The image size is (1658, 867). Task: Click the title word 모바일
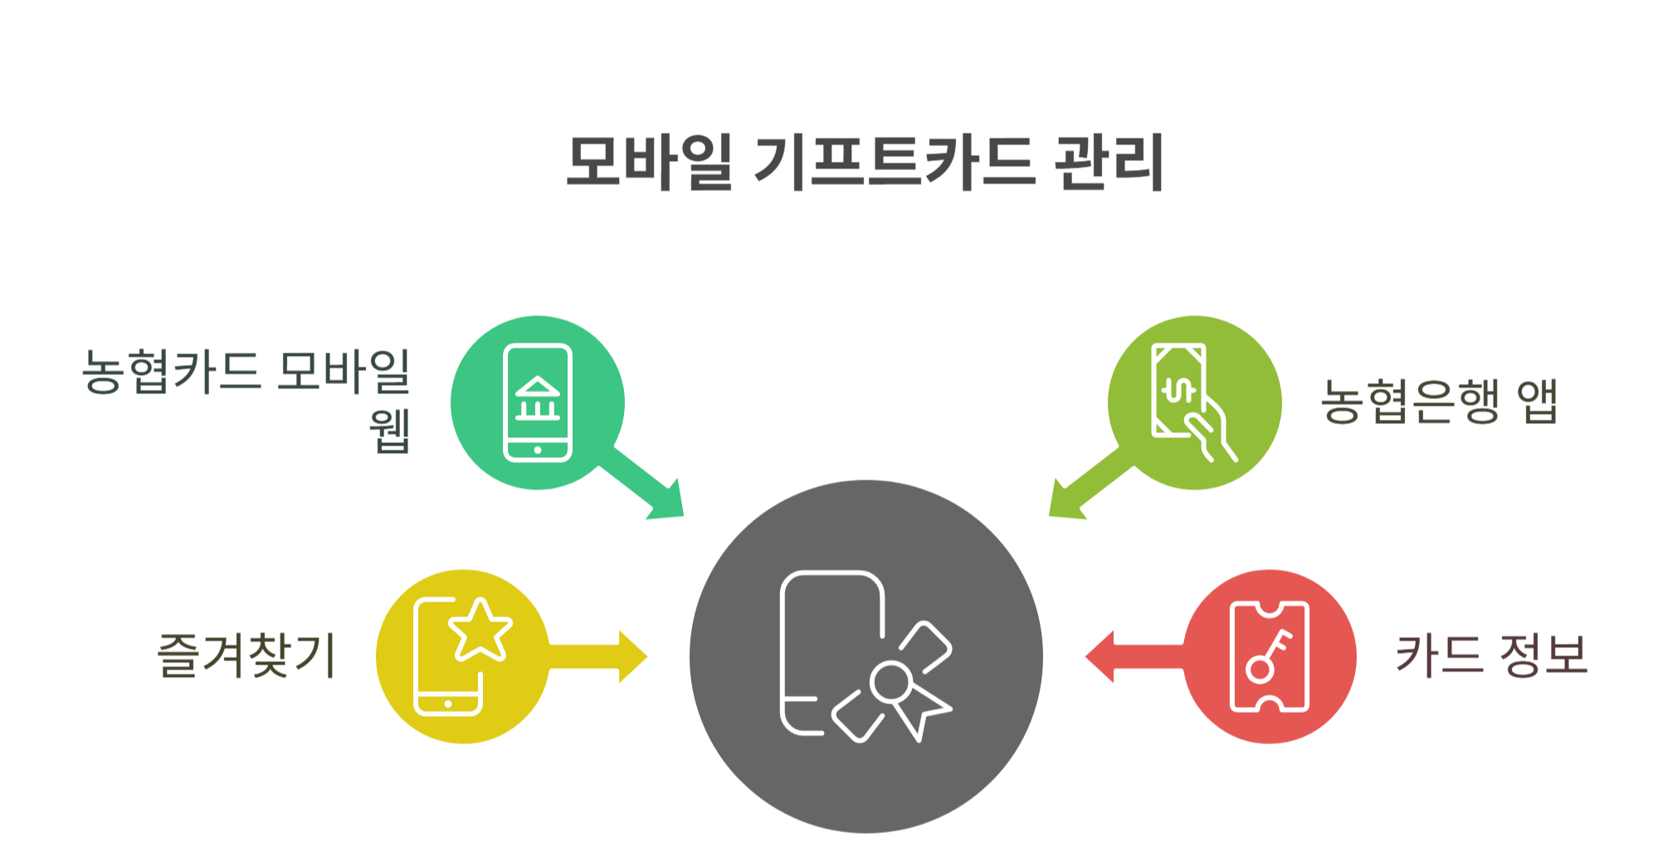[649, 162]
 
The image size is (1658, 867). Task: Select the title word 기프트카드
[894, 162]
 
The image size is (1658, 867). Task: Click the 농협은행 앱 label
[1439, 402]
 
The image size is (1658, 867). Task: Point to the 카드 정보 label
[1491, 655]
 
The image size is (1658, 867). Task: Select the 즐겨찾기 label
[246, 655]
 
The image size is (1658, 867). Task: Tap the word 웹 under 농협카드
[390, 431]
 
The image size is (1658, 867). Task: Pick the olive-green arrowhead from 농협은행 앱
[1065, 503]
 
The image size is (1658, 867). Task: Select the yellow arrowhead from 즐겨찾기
[632, 657]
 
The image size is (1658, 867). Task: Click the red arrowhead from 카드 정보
[1100, 657]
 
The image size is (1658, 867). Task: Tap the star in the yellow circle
[480, 631]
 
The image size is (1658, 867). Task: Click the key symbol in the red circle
[1268, 657]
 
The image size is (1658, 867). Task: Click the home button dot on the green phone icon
[538, 450]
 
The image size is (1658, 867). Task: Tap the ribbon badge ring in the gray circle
[891, 683]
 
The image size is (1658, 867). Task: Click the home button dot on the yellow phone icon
[448, 704]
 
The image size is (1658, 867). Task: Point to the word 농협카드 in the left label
[171, 371]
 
